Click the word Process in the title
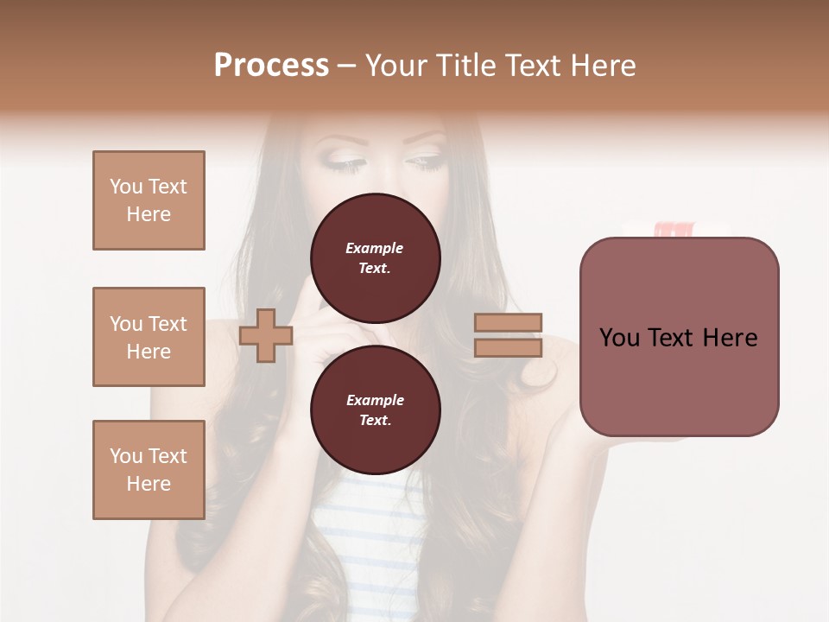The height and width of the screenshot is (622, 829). click(x=271, y=66)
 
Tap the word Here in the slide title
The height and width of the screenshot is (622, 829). click(x=602, y=66)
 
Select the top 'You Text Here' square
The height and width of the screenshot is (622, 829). click(x=149, y=200)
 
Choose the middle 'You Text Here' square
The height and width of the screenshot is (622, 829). click(x=149, y=337)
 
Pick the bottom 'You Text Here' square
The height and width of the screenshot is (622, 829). click(x=149, y=470)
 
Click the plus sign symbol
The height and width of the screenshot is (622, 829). click(x=266, y=336)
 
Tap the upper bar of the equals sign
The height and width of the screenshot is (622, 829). click(x=508, y=322)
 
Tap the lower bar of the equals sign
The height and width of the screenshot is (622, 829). click(x=508, y=348)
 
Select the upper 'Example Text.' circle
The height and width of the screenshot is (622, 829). click(x=375, y=258)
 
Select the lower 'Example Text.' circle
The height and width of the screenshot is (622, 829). click(x=375, y=410)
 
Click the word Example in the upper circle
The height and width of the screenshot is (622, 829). click(x=374, y=248)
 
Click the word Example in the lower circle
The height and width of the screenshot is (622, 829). click(x=374, y=400)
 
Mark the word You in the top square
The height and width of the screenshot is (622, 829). click(x=125, y=187)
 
